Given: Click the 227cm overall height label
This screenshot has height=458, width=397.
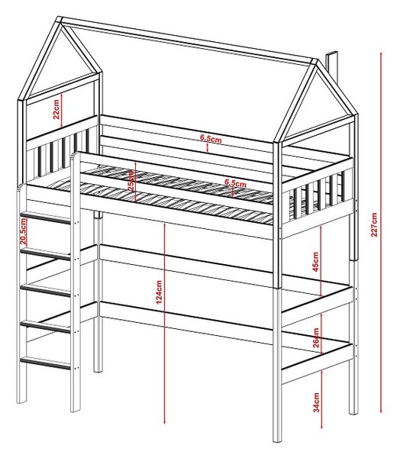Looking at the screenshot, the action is pyautogui.click(x=374, y=224).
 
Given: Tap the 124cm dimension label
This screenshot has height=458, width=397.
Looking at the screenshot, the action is pyautogui.click(x=159, y=292).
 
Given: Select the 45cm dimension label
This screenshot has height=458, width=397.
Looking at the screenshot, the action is pyautogui.click(x=316, y=262).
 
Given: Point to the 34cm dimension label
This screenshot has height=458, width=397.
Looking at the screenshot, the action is pyautogui.click(x=316, y=402).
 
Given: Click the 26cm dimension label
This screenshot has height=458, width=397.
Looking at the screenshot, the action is pyautogui.click(x=316, y=338).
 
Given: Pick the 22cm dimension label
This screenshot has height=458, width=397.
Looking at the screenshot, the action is pyautogui.click(x=56, y=109).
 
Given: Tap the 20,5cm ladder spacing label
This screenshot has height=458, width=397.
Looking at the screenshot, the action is pyautogui.click(x=23, y=231).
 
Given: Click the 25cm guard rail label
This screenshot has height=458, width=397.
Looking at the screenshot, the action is pyautogui.click(x=131, y=180).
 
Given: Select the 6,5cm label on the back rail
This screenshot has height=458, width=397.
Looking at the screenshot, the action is pyautogui.click(x=211, y=139).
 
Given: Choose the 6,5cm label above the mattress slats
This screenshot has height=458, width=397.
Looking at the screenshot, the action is pyautogui.click(x=235, y=183).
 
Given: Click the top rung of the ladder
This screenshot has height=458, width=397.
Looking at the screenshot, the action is pyautogui.click(x=45, y=218).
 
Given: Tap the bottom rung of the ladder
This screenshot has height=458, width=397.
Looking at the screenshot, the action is pyautogui.click(x=45, y=363).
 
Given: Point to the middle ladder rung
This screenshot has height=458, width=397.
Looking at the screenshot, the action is pyautogui.click(x=45, y=291).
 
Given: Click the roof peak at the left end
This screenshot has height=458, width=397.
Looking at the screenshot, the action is pyautogui.click(x=60, y=20).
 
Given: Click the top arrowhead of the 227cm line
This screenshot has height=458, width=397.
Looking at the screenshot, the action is pyautogui.click(x=381, y=53).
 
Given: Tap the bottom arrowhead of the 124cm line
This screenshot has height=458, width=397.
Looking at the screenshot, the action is pyautogui.click(x=165, y=423).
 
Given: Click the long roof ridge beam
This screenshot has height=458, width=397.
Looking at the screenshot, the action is pyautogui.click(x=189, y=40).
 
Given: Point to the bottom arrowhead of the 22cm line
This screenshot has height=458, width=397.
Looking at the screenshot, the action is pyautogui.click(x=62, y=126).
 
